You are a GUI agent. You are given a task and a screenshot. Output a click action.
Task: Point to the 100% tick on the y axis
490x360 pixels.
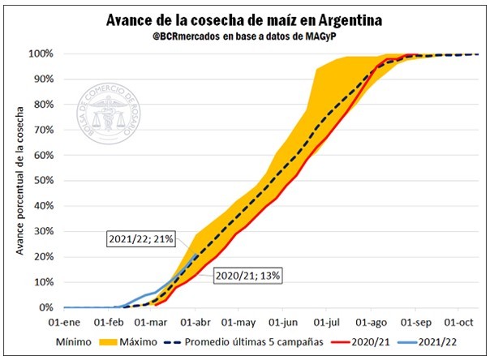(40, 54)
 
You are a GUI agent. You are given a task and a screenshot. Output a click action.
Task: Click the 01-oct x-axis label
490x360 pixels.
(459, 322)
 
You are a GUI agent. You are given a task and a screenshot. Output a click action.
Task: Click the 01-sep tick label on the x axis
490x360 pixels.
(415, 322)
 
